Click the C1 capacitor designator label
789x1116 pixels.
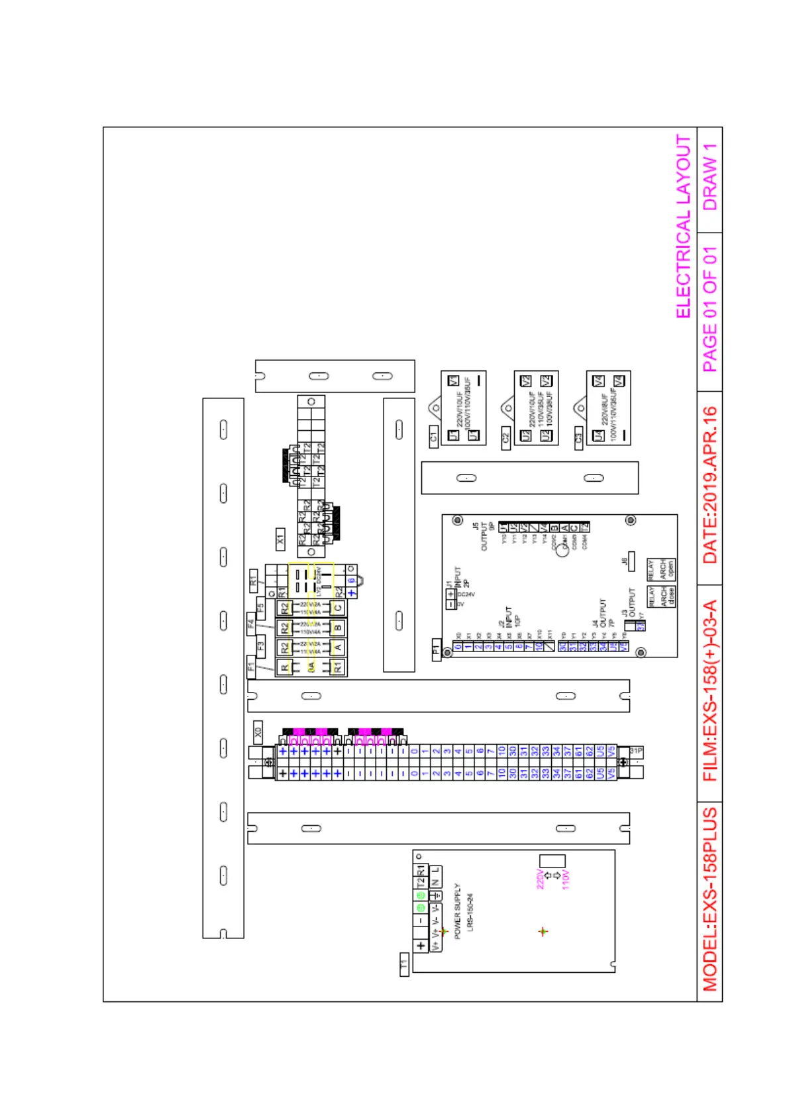(434, 437)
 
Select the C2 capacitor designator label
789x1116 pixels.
(506, 437)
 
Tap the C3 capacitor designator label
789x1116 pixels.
(578, 437)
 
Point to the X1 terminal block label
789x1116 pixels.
(280, 539)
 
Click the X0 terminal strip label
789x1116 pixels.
(258, 732)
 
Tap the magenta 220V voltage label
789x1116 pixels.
(541, 879)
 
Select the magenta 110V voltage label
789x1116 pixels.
(566, 879)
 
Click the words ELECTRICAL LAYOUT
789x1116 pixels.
(684, 227)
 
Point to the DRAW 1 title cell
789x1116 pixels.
(710, 178)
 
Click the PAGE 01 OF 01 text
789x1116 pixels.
(710, 309)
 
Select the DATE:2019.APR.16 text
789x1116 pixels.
(710, 485)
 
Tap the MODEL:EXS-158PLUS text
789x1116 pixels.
(710, 899)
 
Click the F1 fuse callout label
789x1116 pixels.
(252, 667)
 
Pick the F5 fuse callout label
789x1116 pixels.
(260, 606)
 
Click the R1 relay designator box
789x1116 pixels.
(253, 581)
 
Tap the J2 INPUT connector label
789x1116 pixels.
(505, 616)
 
